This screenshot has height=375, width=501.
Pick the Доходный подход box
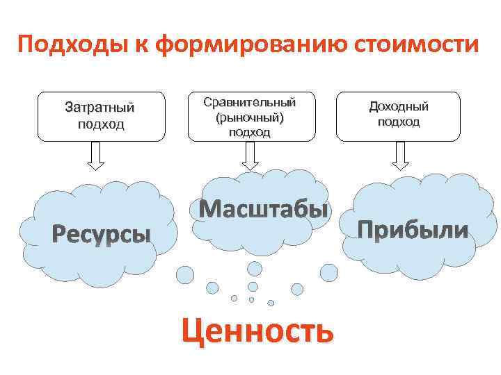[399, 117]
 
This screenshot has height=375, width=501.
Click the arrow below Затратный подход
[96, 156]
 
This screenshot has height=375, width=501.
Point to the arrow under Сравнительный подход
[250, 156]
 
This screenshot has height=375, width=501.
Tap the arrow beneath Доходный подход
[399, 156]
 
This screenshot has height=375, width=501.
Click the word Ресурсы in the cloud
[102, 235]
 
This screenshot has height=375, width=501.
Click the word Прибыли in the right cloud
[413, 229]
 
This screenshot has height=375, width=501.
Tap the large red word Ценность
[257, 330]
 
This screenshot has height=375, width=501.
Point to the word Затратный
[100, 108]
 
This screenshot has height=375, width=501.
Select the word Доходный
[399, 106]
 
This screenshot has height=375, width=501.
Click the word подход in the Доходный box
[399, 122]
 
